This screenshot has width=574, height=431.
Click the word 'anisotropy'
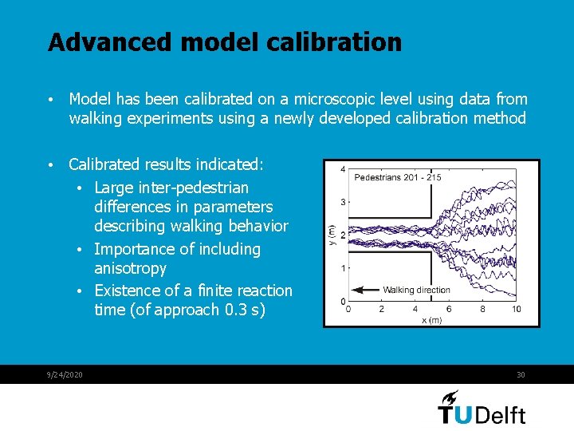(x=130, y=268)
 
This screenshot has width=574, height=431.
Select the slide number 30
(x=521, y=375)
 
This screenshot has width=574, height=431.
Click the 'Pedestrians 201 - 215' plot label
(x=397, y=177)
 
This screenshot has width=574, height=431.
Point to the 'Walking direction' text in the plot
(x=416, y=290)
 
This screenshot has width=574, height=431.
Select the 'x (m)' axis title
(x=432, y=319)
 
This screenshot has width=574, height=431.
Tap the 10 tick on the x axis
(x=517, y=309)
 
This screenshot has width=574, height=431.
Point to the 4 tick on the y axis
(x=342, y=169)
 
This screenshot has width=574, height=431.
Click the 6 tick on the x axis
(x=449, y=309)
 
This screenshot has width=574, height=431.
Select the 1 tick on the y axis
(x=342, y=268)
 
